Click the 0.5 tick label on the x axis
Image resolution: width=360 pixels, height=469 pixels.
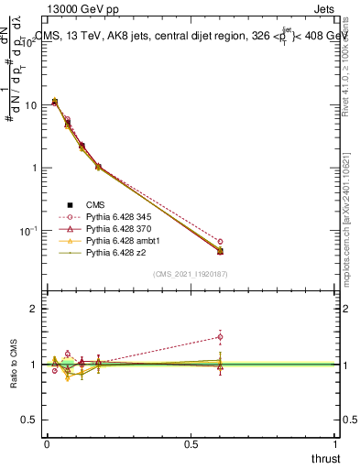tap(191, 444)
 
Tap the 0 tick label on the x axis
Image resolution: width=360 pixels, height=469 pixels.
tap(46, 444)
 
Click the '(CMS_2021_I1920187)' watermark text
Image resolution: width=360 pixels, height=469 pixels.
tap(191, 273)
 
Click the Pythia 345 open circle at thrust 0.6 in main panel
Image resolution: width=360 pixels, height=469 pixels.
tap(220, 241)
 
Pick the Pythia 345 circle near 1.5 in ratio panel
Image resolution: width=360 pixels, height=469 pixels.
tap(220, 336)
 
